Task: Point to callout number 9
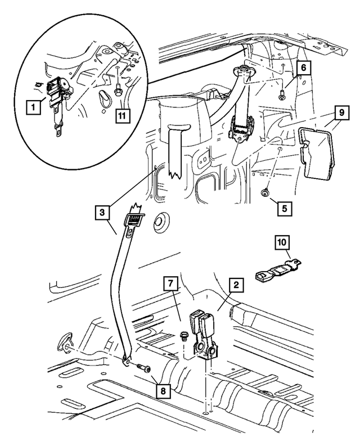[x=341, y=112]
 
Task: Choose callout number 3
[x=102, y=214]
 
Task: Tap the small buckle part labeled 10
[x=270, y=276]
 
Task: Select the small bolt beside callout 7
[x=183, y=336]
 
